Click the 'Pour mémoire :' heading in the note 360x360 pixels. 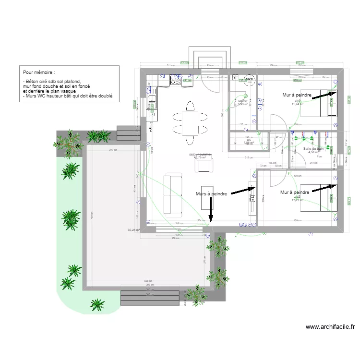[42, 72]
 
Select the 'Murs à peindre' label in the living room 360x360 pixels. [212, 193]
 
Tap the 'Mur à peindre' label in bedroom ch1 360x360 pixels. [298, 96]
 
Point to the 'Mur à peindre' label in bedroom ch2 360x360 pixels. [295, 192]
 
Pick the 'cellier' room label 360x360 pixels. [242, 101]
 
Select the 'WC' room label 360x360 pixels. [249, 139]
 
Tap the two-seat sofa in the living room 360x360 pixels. [173, 194]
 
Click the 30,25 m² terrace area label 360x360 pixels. [133, 230]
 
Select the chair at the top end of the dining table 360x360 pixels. [190, 105]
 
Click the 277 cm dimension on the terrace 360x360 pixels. [113, 151]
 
